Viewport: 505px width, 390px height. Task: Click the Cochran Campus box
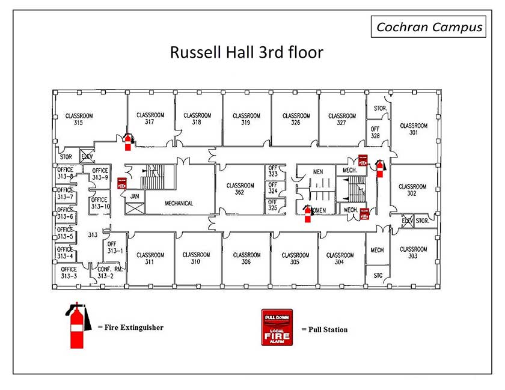coord(429,27)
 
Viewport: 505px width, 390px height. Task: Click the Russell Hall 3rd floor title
coord(246,52)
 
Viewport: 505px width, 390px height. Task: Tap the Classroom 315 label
coord(78,119)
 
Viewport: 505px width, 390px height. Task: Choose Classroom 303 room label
coord(413,252)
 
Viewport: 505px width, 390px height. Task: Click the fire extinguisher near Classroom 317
coord(127,142)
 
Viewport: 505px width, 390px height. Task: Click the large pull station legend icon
coord(277,328)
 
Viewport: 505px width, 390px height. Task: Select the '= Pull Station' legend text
coord(324,329)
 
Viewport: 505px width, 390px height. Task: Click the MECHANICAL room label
coord(179,203)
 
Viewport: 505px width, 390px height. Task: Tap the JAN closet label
coord(135,196)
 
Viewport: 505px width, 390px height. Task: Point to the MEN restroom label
coord(318,172)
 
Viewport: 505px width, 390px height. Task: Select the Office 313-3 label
coord(69,272)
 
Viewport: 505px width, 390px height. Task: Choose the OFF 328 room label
coord(375,132)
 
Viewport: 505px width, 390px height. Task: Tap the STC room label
coord(378,276)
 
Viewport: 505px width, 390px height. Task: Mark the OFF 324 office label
coord(272,188)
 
